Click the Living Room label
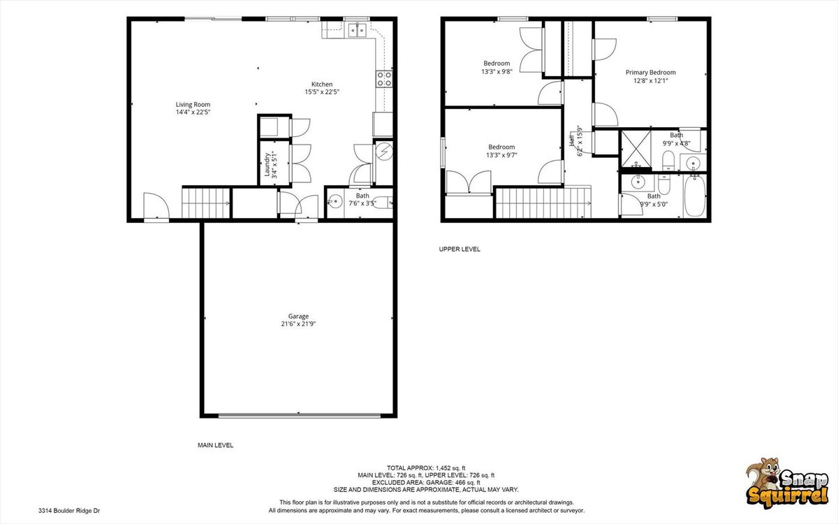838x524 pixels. pyautogui.click(x=193, y=104)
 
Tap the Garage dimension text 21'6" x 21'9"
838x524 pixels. pyautogui.click(x=299, y=324)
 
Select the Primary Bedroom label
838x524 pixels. pyautogui.click(x=651, y=72)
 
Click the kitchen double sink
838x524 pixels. pyautogui.click(x=358, y=30)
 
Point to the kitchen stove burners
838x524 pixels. pyautogui.click(x=384, y=78)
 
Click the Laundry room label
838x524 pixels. pyautogui.click(x=267, y=164)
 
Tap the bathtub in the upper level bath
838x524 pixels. pyautogui.click(x=695, y=196)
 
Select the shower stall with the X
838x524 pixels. pyautogui.click(x=636, y=148)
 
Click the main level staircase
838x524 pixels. pyautogui.click(x=206, y=203)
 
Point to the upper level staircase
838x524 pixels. pyautogui.click(x=543, y=203)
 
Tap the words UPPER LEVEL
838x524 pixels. pyautogui.click(x=460, y=249)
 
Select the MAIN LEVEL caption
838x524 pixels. pyautogui.click(x=216, y=446)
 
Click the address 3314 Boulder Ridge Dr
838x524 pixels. pyautogui.click(x=69, y=511)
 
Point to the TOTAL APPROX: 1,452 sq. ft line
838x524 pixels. pyautogui.click(x=426, y=468)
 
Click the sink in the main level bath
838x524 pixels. pyautogui.click(x=335, y=202)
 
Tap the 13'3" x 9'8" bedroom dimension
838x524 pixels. pyautogui.click(x=497, y=71)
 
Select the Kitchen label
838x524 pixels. pyautogui.click(x=322, y=85)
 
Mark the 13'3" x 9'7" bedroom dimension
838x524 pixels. pyautogui.click(x=501, y=155)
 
